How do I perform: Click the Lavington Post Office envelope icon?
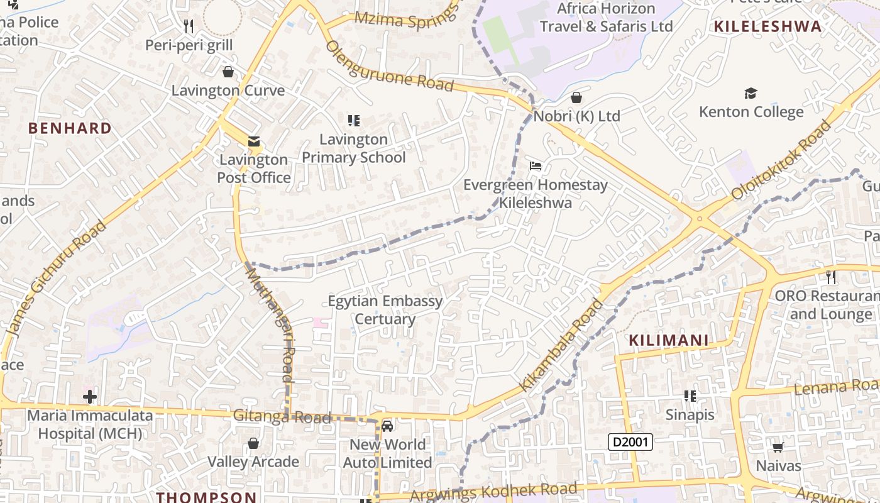click(x=254, y=141)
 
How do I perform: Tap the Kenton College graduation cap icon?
click(x=751, y=94)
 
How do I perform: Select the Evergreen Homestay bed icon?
click(x=536, y=166)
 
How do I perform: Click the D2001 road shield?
click(x=630, y=442)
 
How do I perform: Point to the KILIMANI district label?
click(x=669, y=341)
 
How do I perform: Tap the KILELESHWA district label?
click(x=767, y=26)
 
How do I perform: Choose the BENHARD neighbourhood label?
click(x=70, y=128)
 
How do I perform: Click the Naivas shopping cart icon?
click(x=778, y=447)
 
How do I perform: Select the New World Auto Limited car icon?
click(x=387, y=426)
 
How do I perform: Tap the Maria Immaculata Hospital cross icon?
click(x=90, y=397)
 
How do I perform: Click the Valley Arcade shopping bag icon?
click(x=253, y=443)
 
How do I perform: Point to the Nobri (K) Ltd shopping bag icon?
click(x=576, y=97)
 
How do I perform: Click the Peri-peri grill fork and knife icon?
click(x=189, y=26)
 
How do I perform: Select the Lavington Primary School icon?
click(x=354, y=120)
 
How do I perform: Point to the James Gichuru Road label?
click(x=55, y=279)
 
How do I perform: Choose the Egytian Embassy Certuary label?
click(x=385, y=310)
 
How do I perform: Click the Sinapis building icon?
click(x=690, y=396)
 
